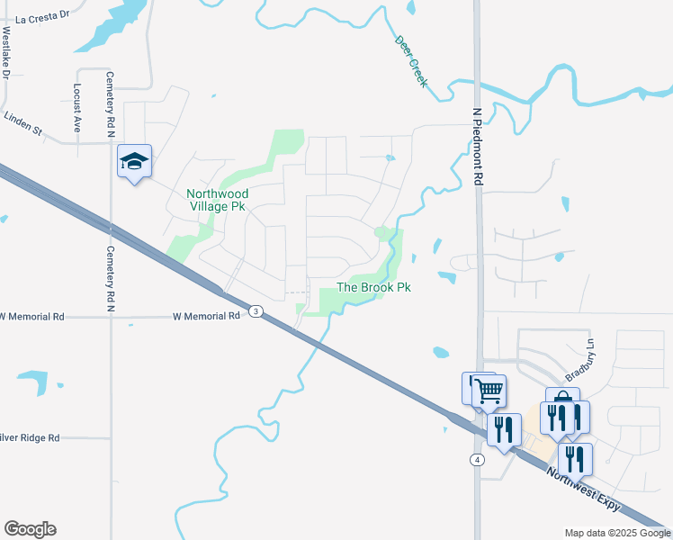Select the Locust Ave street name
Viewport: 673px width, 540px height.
pyautogui.click(x=77, y=108)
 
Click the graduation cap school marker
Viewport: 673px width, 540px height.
pyautogui.click(x=134, y=161)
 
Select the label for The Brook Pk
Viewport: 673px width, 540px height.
pyautogui.click(x=373, y=288)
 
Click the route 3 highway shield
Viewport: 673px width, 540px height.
pyautogui.click(x=257, y=311)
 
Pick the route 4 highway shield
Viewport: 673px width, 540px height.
pyautogui.click(x=477, y=460)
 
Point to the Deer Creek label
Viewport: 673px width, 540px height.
pyautogui.click(x=411, y=61)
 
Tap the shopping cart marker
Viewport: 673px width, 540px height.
pyautogui.click(x=489, y=391)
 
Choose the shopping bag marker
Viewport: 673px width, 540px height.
pyautogui.click(x=562, y=402)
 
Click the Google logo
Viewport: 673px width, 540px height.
pyautogui.click(x=30, y=529)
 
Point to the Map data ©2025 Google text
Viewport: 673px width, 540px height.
pyautogui.click(x=616, y=533)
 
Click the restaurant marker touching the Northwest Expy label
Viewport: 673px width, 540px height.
pyautogui.click(x=575, y=459)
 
